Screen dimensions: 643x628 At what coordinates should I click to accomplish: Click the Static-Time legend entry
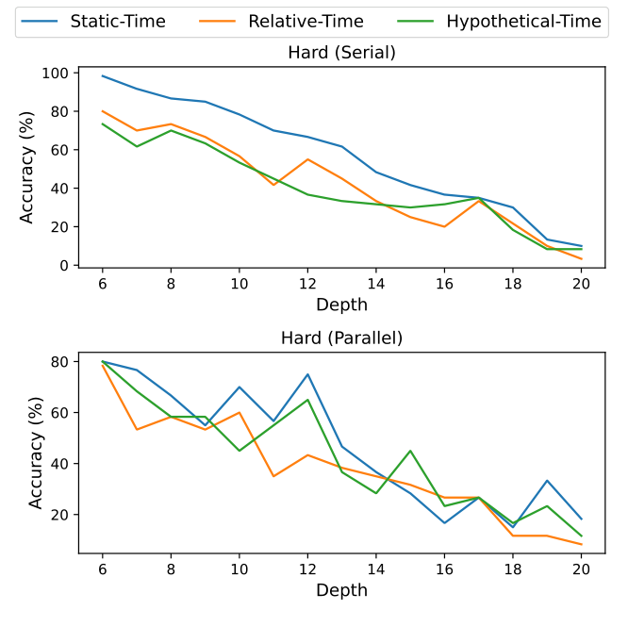(x=118, y=22)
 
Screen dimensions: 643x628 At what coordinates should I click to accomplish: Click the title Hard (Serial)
(x=341, y=53)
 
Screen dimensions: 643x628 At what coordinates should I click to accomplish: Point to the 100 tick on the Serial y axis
(x=55, y=73)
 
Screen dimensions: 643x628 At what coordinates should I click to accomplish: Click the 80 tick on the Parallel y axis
(x=58, y=361)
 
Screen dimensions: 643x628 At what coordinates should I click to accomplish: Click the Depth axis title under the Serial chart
(x=341, y=305)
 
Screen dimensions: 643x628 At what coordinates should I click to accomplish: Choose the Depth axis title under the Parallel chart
(x=341, y=590)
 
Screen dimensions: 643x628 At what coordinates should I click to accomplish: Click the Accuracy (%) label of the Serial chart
(x=28, y=168)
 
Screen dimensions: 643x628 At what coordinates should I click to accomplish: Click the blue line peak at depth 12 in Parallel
(x=307, y=374)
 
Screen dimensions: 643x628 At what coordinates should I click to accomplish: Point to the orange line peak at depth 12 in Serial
(x=307, y=159)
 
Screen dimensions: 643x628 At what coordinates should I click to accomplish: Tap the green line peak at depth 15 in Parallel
(x=410, y=451)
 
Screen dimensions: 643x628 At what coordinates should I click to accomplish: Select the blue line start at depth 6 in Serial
(x=102, y=75)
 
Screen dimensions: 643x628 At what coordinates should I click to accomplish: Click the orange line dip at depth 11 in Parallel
(x=273, y=476)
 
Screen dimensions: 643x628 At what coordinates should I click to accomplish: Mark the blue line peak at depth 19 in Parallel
(x=548, y=481)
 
